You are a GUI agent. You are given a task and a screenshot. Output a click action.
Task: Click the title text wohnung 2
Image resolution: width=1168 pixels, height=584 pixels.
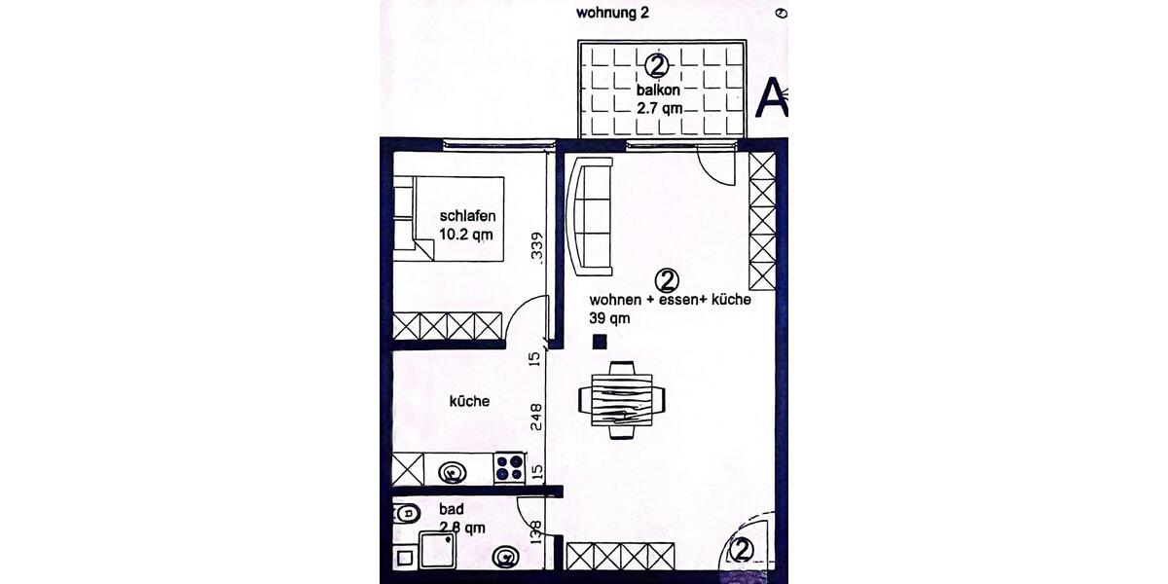tap(612, 13)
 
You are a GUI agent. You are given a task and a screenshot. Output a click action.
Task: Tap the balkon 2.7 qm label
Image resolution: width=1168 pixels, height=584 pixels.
tap(659, 100)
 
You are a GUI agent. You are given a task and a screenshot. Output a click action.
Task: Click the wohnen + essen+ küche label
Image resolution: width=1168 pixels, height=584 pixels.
tap(670, 301)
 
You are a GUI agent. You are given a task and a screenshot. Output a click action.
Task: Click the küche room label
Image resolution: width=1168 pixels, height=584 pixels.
tap(468, 401)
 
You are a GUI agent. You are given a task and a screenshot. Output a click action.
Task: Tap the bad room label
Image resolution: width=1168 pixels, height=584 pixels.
tap(451, 509)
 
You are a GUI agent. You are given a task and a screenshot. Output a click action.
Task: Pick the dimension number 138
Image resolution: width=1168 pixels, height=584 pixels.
tap(534, 531)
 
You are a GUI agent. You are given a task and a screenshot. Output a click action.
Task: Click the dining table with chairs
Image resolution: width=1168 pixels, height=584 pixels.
tap(622, 399)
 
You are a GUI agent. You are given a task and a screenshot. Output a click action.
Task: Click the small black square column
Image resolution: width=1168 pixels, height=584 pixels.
tap(600, 341)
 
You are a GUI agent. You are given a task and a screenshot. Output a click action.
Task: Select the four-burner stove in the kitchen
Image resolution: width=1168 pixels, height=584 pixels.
tap(509, 469)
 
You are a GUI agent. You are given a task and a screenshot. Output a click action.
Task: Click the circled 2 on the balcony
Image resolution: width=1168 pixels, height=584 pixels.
tap(658, 66)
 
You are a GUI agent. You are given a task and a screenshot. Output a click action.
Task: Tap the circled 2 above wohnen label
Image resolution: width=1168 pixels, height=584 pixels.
tap(667, 280)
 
